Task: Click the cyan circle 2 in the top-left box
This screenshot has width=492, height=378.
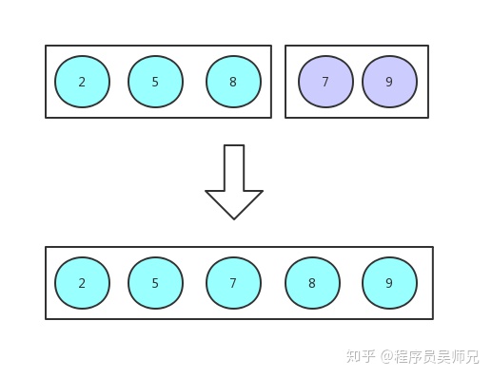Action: (x=82, y=82)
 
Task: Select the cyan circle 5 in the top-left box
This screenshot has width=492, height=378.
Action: (x=155, y=82)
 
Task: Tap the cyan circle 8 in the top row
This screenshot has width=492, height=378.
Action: (x=233, y=82)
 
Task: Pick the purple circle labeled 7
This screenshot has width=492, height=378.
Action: (x=325, y=82)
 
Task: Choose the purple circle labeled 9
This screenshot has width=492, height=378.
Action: (x=389, y=82)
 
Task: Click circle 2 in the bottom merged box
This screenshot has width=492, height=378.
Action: (x=82, y=283)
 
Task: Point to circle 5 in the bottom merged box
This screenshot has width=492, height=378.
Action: (x=155, y=283)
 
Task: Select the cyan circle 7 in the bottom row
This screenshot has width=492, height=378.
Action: (x=233, y=283)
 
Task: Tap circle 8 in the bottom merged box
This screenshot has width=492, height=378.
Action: (x=312, y=283)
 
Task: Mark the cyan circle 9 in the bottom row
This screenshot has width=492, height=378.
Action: (x=389, y=283)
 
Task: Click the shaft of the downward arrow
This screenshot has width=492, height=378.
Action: (x=234, y=167)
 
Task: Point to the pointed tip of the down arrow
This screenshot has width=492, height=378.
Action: (x=234, y=217)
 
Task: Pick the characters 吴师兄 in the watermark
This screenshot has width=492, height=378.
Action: (x=460, y=357)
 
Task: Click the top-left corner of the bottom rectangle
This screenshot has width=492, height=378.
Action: (x=46, y=248)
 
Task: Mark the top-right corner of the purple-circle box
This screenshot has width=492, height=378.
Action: (x=428, y=46)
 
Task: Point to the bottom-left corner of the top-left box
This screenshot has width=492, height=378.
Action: (x=46, y=118)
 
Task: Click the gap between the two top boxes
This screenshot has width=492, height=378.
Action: (x=278, y=82)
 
